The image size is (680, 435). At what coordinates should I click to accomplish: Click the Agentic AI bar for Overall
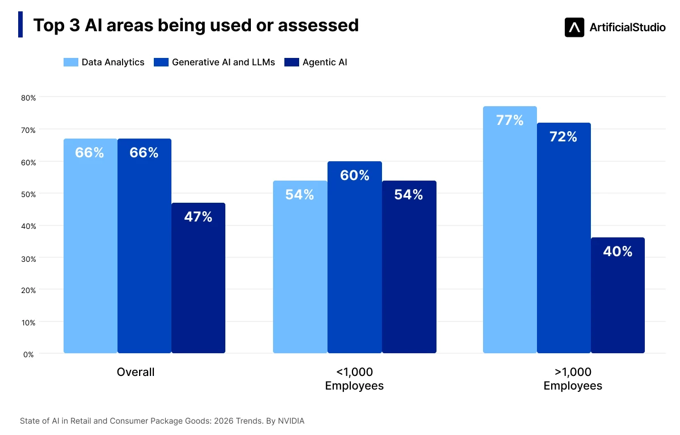point(198,278)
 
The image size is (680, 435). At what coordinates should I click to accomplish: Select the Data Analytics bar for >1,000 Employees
point(510,229)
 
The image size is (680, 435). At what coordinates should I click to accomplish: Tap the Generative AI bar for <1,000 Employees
point(355,257)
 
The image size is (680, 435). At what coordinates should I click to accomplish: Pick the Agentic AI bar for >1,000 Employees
point(618,295)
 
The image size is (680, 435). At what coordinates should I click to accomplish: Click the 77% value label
point(510,120)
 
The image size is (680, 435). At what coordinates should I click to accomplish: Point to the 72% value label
point(563,137)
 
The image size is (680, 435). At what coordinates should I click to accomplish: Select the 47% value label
point(198,216)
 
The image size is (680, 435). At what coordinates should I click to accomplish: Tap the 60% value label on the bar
point(355,175)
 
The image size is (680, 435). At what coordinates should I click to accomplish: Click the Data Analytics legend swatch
point(71,62)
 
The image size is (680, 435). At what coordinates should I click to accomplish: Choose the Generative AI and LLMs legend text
point(223,62)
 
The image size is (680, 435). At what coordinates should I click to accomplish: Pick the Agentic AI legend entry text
point(325,62)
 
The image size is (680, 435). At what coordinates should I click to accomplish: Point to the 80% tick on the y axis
point(28,98)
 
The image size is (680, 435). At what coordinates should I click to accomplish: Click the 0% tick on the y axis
point(28,355)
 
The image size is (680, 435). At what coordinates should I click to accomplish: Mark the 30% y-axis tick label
point(28,259)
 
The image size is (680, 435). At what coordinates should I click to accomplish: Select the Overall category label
point(136,372)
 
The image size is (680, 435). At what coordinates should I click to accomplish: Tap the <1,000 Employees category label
point(354,379)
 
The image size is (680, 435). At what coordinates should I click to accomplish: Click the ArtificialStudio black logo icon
point(574,27)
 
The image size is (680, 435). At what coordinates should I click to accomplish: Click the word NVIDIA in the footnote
point(291,421)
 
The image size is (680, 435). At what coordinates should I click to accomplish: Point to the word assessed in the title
point(318,25)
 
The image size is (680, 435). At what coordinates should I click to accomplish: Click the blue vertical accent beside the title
point(20,25)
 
